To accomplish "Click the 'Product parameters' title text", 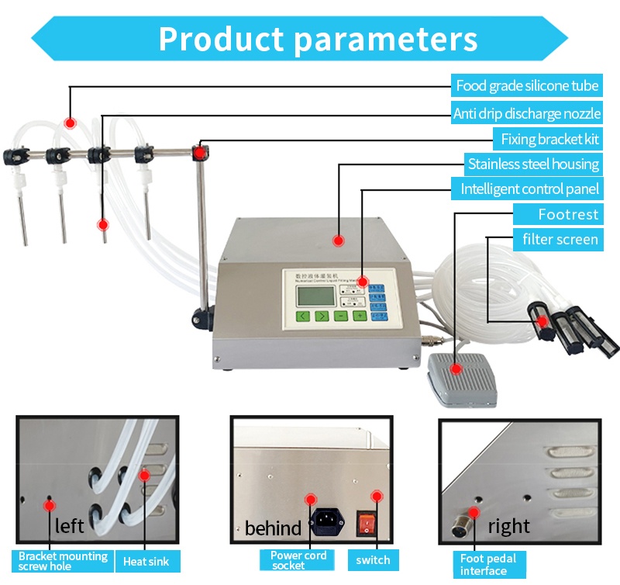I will (x=318, y=38).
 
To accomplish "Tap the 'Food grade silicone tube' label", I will (x=527, y=86).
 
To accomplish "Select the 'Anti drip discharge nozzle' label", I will (x=527, y=114).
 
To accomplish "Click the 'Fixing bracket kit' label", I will (x=547, y=140).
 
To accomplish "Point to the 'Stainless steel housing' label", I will (x=533, y=164).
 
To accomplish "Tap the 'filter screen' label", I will (x=560, y=239).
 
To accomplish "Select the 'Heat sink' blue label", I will (x=147, y=560).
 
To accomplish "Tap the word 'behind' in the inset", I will (x=273, y=529).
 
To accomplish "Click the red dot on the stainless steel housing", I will (x=338, y=241).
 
